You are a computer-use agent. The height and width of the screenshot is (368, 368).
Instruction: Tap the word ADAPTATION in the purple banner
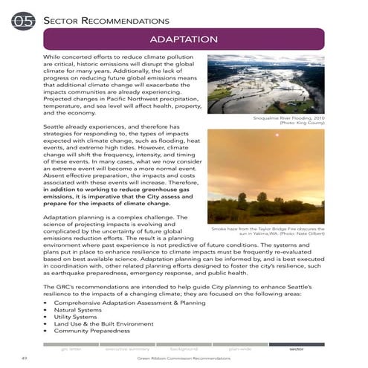coord(183,39)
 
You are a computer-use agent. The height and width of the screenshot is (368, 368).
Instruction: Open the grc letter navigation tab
coord(71,348)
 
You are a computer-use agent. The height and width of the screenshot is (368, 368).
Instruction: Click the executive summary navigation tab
coord(126,348)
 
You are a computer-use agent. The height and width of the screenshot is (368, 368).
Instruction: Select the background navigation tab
coord(183,348)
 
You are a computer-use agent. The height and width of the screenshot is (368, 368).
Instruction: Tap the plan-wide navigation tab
coord(239,348)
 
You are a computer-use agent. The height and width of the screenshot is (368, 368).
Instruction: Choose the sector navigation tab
coord(296,348)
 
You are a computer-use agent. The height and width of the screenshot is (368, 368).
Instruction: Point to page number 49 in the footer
coord(25,358)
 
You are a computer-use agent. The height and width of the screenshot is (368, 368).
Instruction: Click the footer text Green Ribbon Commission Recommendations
coord(184,359)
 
